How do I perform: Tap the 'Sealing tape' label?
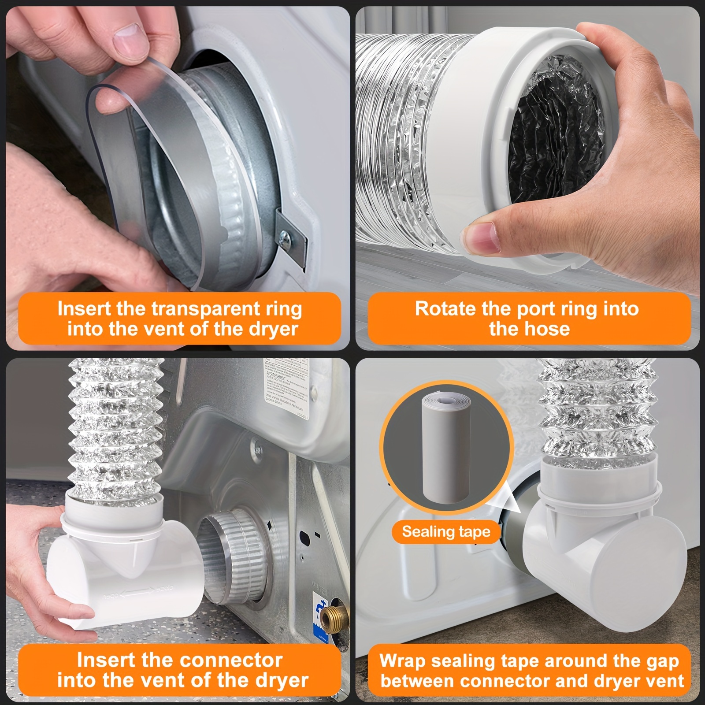click(446, 532)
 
